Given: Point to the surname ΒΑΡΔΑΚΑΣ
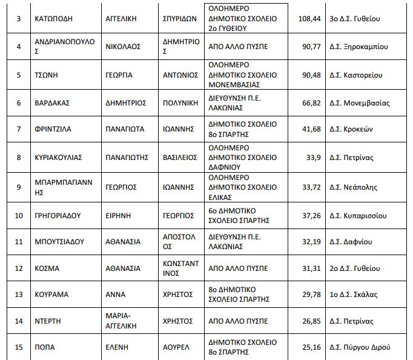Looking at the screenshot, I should [x=53, y=102].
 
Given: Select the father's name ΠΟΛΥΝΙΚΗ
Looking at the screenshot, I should [x=180, y=102].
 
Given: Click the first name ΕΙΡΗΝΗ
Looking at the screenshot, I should [x=119, y=215].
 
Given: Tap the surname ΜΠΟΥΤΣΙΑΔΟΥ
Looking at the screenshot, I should [x=60, y=241].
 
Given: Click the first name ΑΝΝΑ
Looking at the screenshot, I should [x=115, y=295].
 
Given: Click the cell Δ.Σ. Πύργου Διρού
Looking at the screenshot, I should [x=364, y=347].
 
